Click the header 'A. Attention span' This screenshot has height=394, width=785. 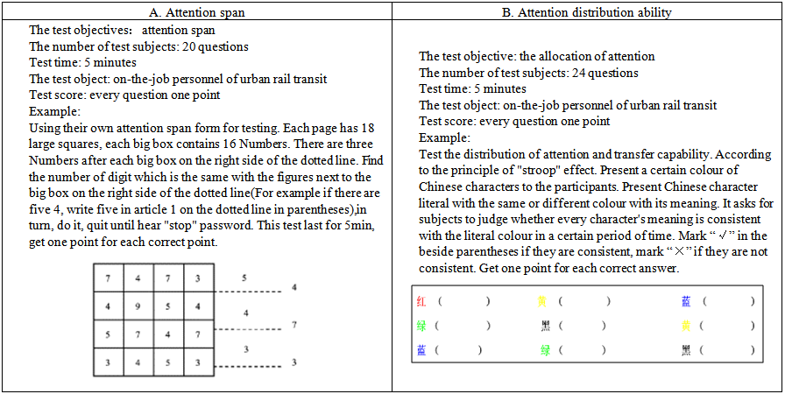click(196, 13)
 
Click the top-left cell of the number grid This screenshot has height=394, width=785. click(107, 279)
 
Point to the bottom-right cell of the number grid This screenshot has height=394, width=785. click(198, 361)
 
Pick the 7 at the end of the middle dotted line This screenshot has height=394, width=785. click(295, 325)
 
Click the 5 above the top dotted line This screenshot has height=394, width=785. click(244, 278)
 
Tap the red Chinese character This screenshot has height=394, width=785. click(421, 301)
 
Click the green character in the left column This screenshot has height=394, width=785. click(421, 326)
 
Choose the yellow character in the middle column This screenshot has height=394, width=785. click(542, 301)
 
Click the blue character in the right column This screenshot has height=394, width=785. click(686, 301)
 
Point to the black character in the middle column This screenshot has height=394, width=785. click(542, 326)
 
